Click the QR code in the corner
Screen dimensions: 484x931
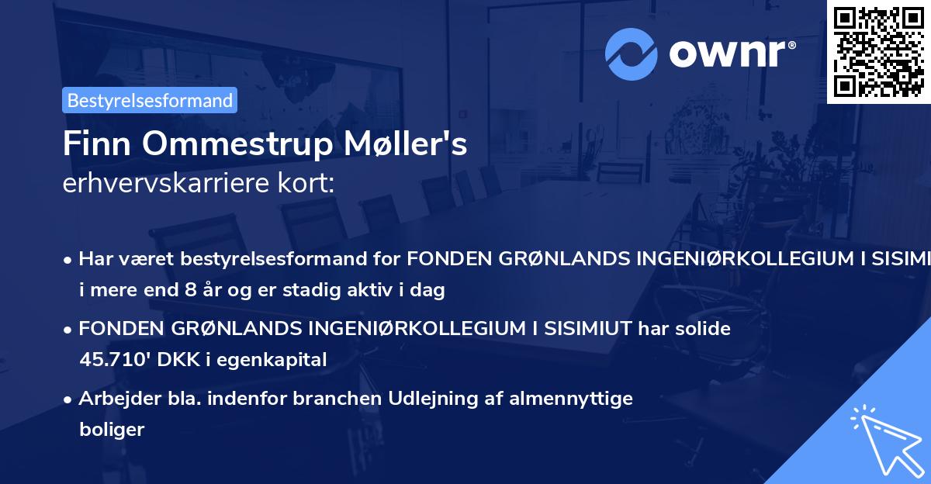(x=878, y=51)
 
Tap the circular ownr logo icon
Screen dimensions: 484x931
(x=632, y=54)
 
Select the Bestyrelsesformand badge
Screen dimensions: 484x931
(x=150, y=100)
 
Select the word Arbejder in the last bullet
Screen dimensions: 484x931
(x=112, y=399)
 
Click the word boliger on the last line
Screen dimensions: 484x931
(x=112, y=429)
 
